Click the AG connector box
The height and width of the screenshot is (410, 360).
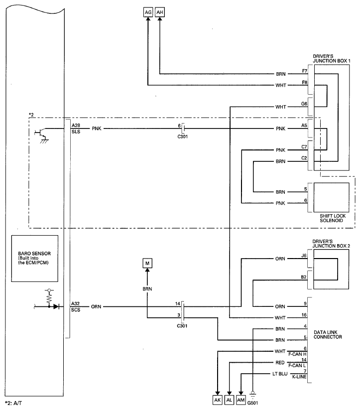(x=148, y=12)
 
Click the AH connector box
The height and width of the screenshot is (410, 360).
(x=160, y=12)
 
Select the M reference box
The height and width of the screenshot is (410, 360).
(x=147, y=264)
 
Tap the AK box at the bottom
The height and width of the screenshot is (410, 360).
(x=218, y=400)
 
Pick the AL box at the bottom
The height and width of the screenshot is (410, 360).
(x=229, y=400)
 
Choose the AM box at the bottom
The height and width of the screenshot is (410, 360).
(x=241, y=400)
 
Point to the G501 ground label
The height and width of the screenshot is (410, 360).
(x=252, y=403)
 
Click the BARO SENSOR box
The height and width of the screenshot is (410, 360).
(x=35, y=259)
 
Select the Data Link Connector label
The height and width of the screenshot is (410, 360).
(x=328, y=335)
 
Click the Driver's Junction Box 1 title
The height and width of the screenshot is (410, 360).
(x=332, y=59)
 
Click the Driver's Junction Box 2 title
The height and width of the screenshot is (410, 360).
(x=331, y=244)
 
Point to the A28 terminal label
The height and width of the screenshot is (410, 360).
(x=76, y=126)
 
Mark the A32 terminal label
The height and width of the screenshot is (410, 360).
(x=75, y=303)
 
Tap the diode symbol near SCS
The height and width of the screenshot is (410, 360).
(x=56, y=306)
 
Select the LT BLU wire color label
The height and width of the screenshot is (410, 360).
(x=280, y=374)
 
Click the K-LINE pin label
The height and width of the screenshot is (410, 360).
(x=299, y=377)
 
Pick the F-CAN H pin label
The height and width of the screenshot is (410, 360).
(x=297, y=354)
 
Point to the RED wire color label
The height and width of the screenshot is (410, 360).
(x=280, y=363)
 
